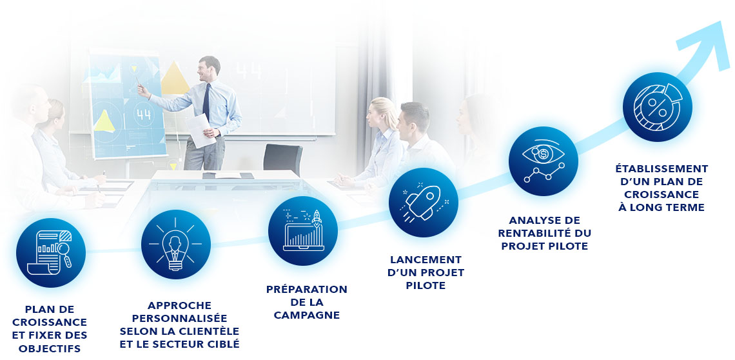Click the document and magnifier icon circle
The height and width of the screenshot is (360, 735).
(x=51, y=252)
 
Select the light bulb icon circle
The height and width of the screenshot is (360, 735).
(x=176, y=244)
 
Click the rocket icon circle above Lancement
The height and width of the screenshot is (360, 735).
(x=424, y=203)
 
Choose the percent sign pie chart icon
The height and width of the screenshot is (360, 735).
(x=657, y=106)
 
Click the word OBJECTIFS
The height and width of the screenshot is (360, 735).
(x=50, y=349)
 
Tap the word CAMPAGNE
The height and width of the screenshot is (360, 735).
(x=306, y=315)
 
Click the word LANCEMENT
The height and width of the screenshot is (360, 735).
(x=426, y=259)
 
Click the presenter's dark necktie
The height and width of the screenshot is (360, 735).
(x=206, y=101)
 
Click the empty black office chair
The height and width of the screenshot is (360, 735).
(x=282, y=159)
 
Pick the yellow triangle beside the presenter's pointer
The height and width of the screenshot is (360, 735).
(x=174, y=78)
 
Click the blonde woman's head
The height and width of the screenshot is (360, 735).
(x=384, y=113)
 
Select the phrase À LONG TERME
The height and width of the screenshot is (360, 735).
(x=661, y=208)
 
